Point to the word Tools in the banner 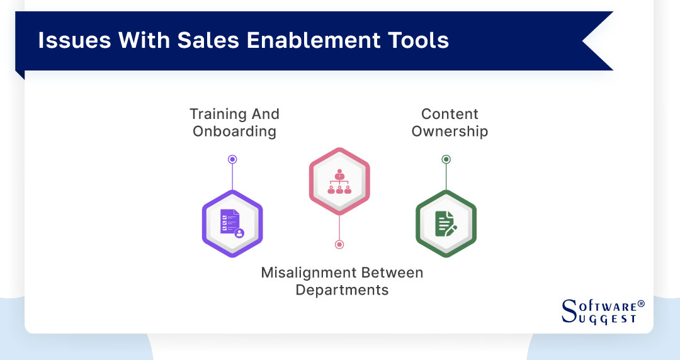tap(419, 40)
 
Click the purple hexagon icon tap(232, 224)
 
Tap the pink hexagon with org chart tap(339, 181)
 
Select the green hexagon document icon tap(446, 224)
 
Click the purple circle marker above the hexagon tap(232, 160)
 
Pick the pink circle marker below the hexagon tap(339, 244)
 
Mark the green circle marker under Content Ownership tap(446, 159)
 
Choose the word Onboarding tap(234, 132)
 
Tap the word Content tap(450, 115)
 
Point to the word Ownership tap(450, 132)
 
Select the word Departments tap(342, 290)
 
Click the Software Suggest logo tap(602, 311)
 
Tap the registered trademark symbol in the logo tap(641, 303)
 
